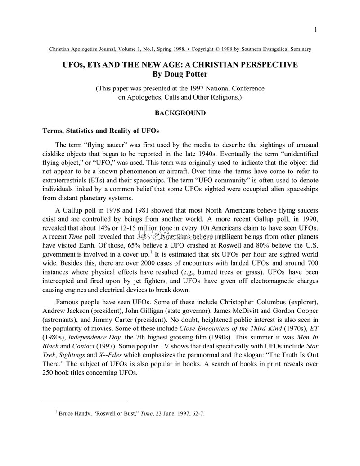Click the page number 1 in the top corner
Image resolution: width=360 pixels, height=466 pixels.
click(316, 30)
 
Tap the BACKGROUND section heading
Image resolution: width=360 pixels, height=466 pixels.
click(180, 113)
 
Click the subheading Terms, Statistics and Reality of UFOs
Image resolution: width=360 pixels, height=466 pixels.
click(100, 131)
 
